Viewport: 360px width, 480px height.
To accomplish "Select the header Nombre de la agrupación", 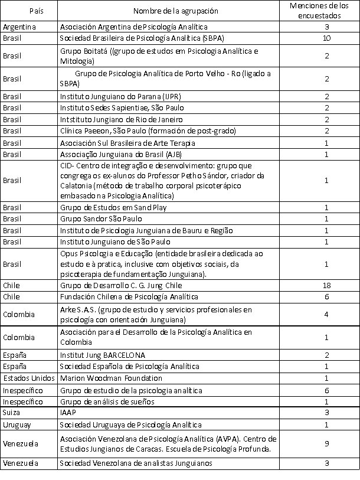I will [175, 11].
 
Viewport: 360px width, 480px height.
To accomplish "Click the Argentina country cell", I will [19, 27].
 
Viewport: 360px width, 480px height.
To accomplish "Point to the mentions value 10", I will [326, 38].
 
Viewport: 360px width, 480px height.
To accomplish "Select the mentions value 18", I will [326, 285].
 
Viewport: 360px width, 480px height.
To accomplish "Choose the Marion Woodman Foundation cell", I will [111, 378].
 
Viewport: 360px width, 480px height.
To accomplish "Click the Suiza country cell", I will [12, 412].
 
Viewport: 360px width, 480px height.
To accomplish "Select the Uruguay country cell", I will [16, 425].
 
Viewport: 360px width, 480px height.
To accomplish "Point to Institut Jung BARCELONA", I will [102, 355].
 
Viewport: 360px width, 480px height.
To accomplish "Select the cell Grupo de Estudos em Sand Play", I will [113, 207].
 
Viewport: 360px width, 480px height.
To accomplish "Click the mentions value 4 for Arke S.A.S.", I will [326, 314].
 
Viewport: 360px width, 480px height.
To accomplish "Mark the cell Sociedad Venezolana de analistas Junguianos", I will [136, 463].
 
